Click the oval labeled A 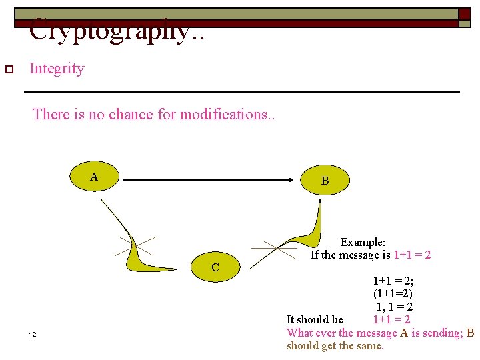[95, 177]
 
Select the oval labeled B [325, 181]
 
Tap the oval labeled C [215, 267]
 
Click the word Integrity [57, 69]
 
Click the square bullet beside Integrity [9, 69]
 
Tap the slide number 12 [33, 334]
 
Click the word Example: [363, 243]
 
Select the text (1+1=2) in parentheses [393, 294]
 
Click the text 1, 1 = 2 [394, 307]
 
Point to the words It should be [315, 320]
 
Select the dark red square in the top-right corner [464, 13]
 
